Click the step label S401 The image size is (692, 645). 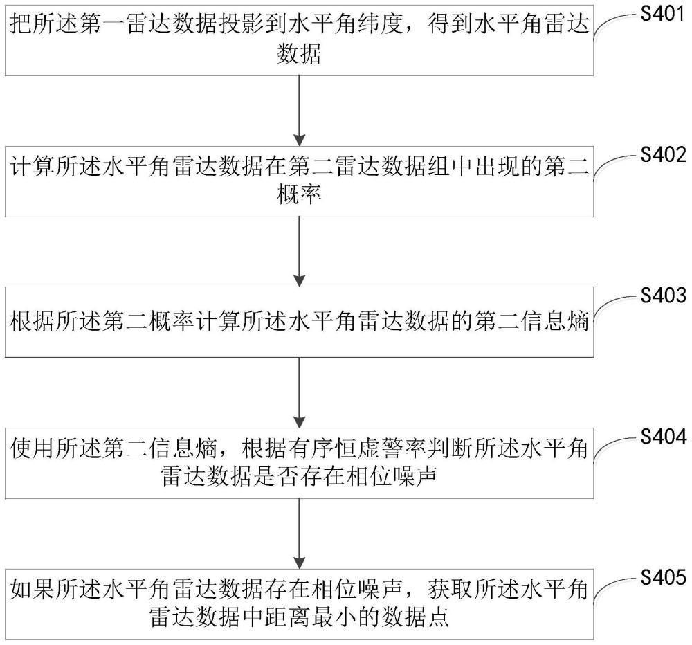(664, 14)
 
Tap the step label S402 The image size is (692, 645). (664, 155)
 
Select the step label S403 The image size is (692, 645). (664, 296)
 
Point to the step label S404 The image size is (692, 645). (664, 437)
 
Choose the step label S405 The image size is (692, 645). (664, 577)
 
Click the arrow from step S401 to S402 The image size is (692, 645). (299, 110)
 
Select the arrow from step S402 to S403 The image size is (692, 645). (299, 251)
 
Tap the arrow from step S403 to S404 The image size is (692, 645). (299, 392)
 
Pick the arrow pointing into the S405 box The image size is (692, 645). (299, 534)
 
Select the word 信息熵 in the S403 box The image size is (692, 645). (554, 322)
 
